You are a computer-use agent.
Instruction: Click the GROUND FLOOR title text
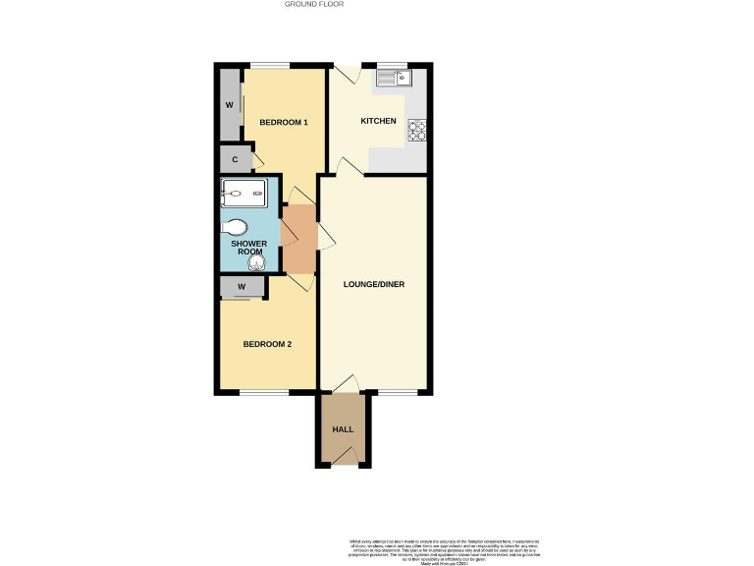click(x=314, y=4)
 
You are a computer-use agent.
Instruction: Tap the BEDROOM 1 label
click(x=284, y=122)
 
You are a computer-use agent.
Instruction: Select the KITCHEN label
click(x=378, y=122)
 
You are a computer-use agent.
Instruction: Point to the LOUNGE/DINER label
click(x=374, y=285)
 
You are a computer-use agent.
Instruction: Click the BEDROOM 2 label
click(x=267, y=344)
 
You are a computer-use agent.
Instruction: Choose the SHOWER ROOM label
click(x=249, y=248)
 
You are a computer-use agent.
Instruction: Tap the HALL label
click(x=343, y=430)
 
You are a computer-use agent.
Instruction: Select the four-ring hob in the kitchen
click(x=415, y=128)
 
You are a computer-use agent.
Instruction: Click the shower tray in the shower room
click(x=243, y=194)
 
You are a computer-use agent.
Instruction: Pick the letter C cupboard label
click(x=236, y=159)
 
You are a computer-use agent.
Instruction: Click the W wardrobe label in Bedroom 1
click(x=229, y=105)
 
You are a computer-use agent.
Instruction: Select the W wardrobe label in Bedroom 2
click(x=241, y=287)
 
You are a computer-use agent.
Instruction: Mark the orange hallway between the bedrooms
click(x=298, y=239)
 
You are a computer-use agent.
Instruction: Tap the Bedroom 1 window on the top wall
click(x=268, y=66)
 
